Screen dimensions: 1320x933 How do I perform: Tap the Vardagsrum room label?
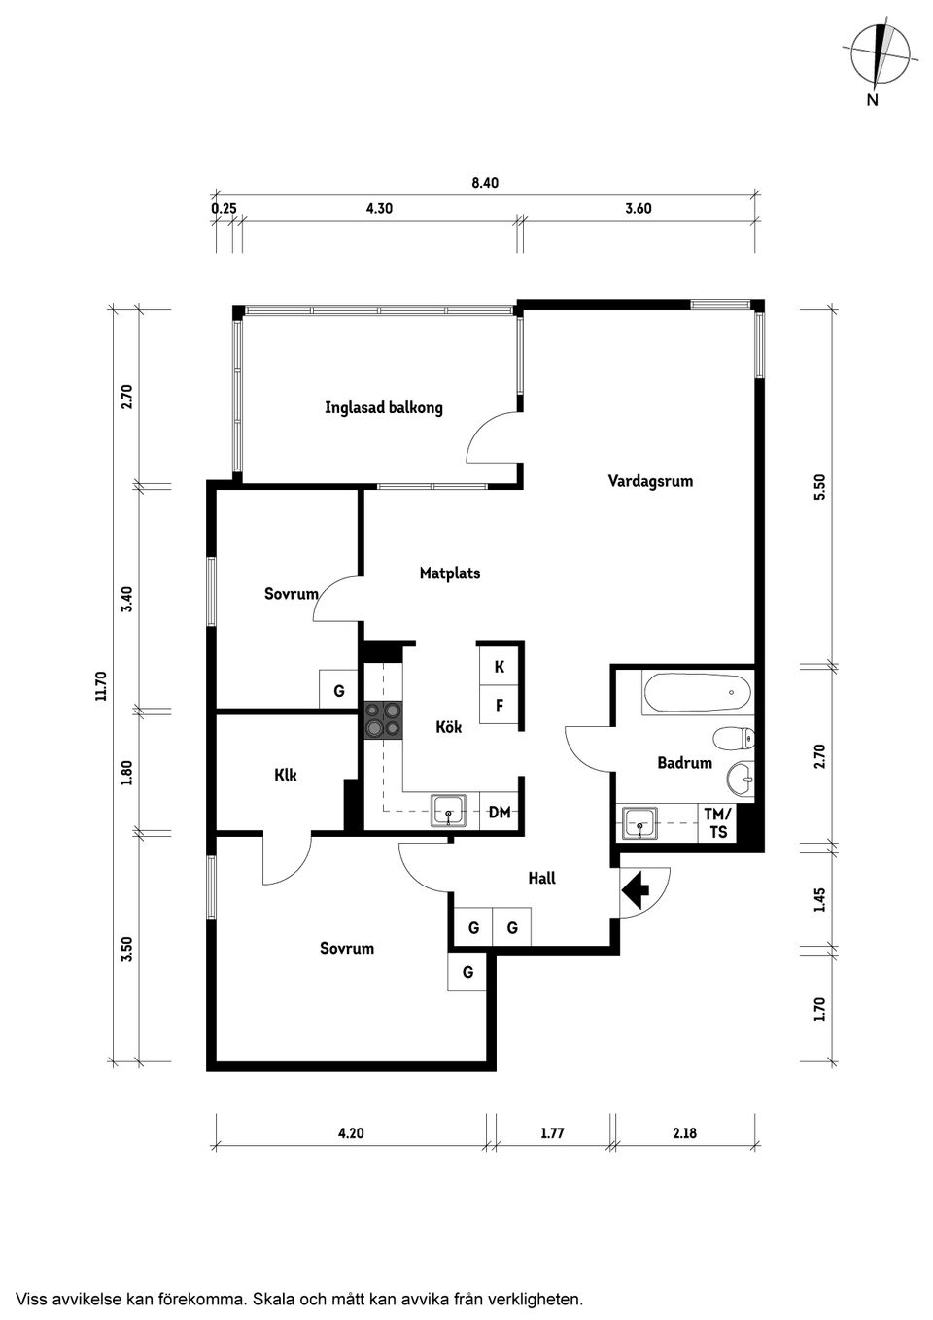(x=650, y=481)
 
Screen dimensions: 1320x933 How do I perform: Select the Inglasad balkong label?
(x=383, y=408)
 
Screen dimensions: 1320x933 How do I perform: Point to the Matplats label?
(x=449, y=573)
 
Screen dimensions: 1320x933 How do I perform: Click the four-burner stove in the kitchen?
(x=383, y=719)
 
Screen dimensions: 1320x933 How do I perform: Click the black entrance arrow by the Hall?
(x=636, y=889)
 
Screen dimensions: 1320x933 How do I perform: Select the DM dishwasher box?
(x=500, y=812)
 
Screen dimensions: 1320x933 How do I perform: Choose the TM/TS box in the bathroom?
(x=718, y=823)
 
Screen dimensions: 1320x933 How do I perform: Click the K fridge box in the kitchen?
(x=500, y=667)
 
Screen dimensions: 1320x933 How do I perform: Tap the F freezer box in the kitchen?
(x=500, y=706)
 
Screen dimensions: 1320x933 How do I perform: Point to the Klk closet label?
(x=286, y=775)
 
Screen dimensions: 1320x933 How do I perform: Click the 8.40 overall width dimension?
(x=484, y=183)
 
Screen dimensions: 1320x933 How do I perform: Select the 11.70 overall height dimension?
(x=100, y=685)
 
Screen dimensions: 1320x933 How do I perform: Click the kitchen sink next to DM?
(x=448, y=810)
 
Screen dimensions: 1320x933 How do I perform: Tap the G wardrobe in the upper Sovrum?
(x=339, y=691)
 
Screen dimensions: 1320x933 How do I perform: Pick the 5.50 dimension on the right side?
(x=819, y=486)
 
